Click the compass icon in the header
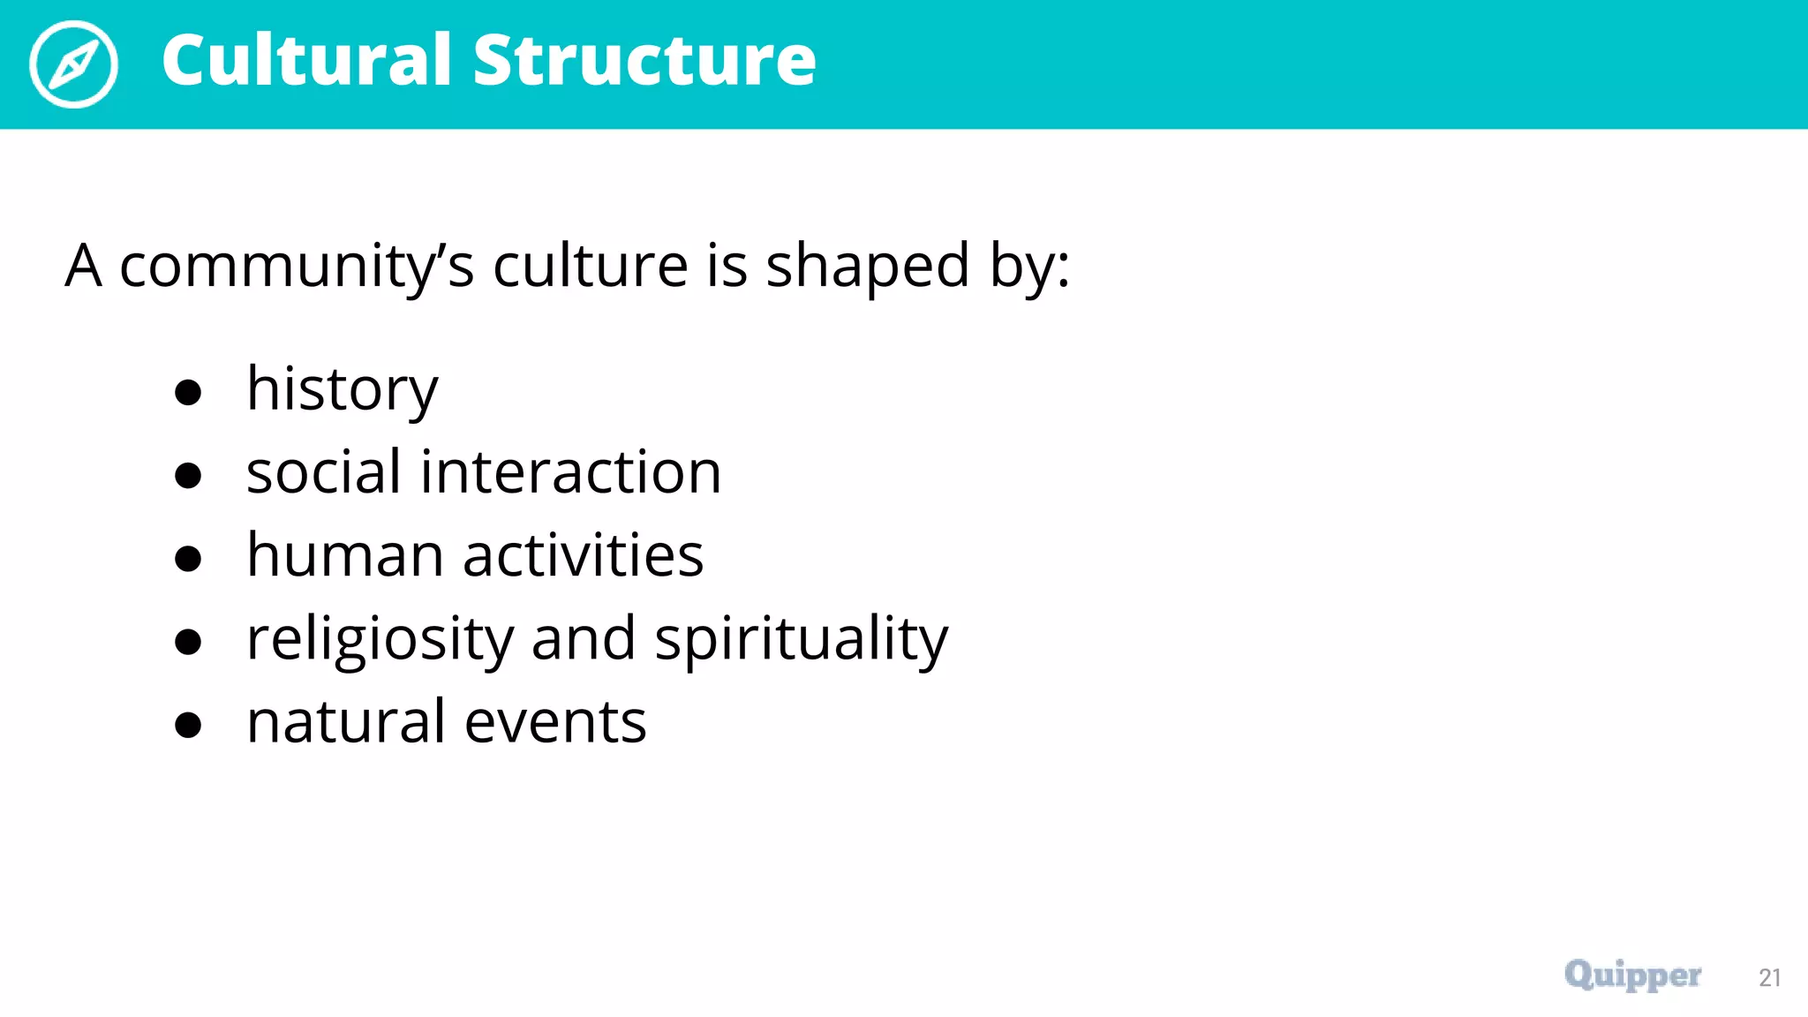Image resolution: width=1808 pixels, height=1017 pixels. point(73,64)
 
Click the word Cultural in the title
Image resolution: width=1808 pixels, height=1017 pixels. point(306,60)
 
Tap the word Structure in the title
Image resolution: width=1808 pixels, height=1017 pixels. point(644,60)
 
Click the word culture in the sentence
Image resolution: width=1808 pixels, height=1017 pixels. point(590,265)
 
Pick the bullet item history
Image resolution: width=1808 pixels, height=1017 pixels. point(342,389)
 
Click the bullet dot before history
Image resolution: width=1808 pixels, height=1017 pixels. point(188,392)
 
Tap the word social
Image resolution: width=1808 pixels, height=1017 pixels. point(323,471)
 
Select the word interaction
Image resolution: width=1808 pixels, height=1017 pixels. point(570,471)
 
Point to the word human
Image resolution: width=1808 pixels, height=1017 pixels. point(344,555)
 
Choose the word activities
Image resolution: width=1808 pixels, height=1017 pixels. point(583,555)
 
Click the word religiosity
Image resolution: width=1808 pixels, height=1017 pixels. point(380,639)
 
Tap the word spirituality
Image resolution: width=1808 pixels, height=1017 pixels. point(801,639)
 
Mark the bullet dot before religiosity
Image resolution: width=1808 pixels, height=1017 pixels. point(188,642)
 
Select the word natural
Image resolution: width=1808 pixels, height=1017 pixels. point(345,721)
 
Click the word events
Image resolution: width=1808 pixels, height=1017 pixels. point(555,723)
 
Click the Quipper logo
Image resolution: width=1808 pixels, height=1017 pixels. point(1632,976)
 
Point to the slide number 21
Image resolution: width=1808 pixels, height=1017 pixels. point(1769,978)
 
